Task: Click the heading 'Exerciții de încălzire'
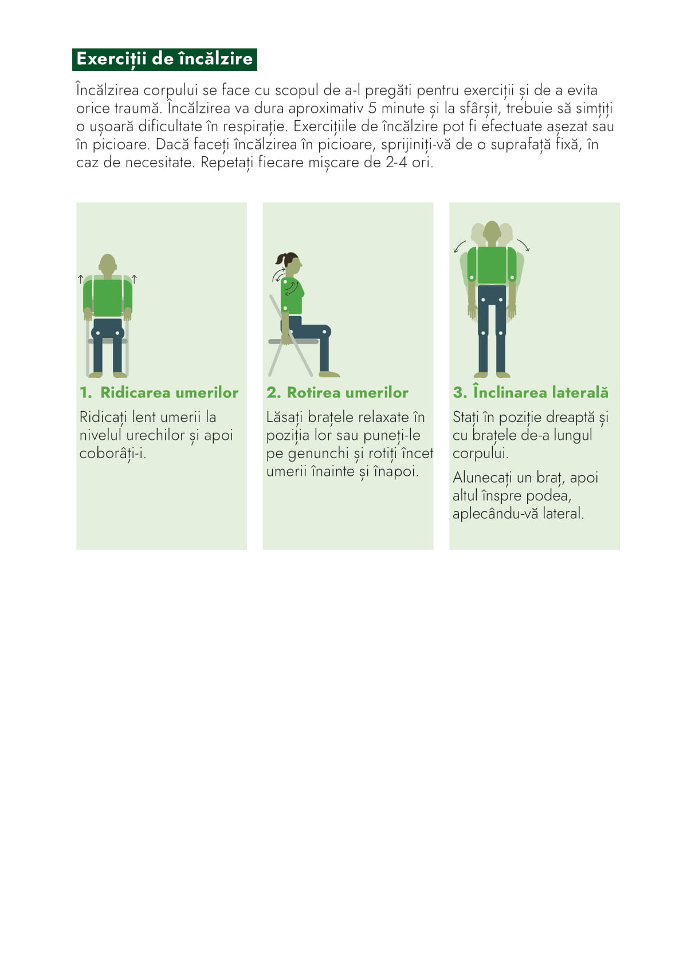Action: [x=164, y=59]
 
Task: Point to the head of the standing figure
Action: [x=492, y=232]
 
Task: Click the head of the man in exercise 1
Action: [x=108, y=264]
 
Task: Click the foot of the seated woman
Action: [x=329, y=374]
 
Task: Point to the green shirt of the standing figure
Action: [x=492, y=265]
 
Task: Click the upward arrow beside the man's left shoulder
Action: [x=134, y=279]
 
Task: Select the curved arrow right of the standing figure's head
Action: [x=524, y=245]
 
